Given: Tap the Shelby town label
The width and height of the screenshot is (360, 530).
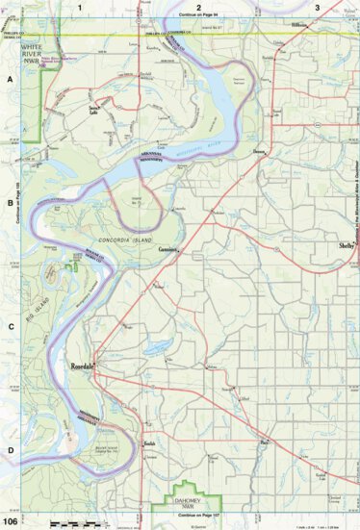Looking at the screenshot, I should [x=347, y=246].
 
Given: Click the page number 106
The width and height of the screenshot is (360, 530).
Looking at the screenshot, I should [x=11, y=521].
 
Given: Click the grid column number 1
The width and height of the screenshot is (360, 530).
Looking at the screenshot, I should [x=79, y=7].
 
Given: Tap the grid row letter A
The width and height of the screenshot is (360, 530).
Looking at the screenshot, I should [x=9, y=82].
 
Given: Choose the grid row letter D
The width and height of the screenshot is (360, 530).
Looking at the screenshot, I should [x=9, y=448].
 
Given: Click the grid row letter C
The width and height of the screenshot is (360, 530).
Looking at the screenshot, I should [x=9, y=326].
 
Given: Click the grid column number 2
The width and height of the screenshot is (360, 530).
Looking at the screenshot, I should [x=197, y=7].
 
